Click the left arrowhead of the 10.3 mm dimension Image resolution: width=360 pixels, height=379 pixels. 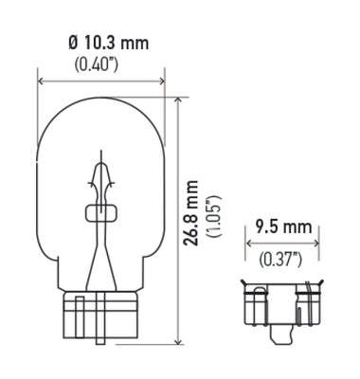click(41, 81)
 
